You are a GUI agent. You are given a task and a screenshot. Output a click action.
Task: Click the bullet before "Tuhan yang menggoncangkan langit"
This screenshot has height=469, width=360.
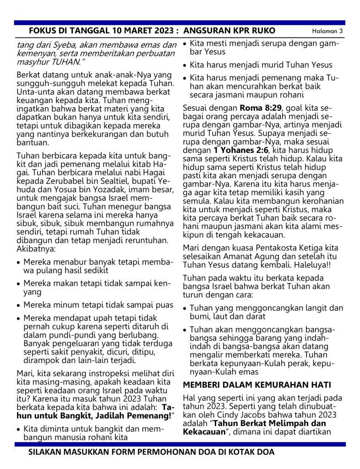click(x=185, y=308)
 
